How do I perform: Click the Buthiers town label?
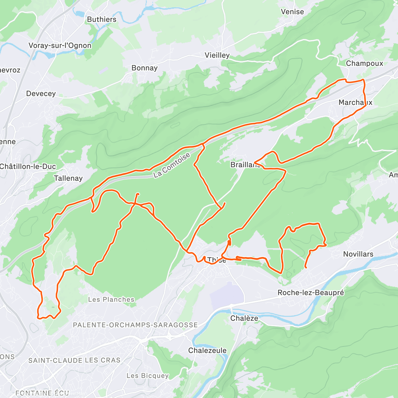101,20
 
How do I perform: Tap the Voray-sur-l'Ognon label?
60,46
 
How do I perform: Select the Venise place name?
292,12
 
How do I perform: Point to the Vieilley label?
217,55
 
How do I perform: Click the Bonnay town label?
144,68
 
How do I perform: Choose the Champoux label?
364,63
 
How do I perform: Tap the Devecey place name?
41,94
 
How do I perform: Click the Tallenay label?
68,178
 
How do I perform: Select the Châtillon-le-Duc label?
28,166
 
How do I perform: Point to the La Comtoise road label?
172,166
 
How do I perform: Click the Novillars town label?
358,254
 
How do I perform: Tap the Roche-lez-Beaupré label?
310,293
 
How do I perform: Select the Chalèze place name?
244,318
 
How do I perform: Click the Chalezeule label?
207,351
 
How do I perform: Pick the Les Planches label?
111,300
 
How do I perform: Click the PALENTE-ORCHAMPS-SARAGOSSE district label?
135,325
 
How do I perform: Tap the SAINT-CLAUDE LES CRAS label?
74,361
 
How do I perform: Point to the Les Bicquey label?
148,376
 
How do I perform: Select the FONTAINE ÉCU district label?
42,393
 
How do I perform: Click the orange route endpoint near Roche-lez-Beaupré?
305,267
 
